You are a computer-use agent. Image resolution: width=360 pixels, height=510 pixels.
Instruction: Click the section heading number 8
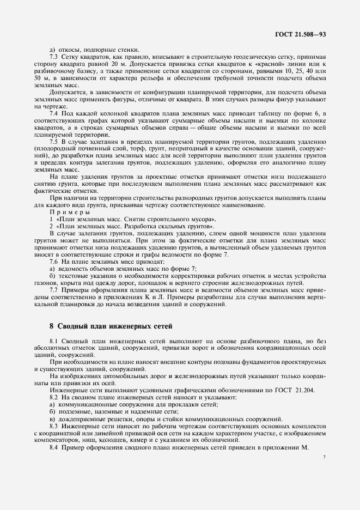51,326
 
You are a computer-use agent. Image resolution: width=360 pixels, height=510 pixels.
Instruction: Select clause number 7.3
54,57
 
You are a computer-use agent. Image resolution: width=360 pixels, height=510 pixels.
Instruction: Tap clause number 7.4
54,112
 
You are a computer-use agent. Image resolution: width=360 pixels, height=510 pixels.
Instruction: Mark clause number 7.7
54,290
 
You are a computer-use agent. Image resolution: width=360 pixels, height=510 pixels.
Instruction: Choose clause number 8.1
54,341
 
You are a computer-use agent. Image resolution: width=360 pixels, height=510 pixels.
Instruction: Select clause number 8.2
54,397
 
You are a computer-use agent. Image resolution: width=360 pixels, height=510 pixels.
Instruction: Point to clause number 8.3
54,426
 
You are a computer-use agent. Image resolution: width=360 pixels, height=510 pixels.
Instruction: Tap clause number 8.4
54,447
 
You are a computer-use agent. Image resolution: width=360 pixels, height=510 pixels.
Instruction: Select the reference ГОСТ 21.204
288,390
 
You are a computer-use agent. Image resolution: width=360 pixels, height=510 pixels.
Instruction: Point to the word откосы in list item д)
69,50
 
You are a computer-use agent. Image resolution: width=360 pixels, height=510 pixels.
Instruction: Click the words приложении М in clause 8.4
284,447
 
